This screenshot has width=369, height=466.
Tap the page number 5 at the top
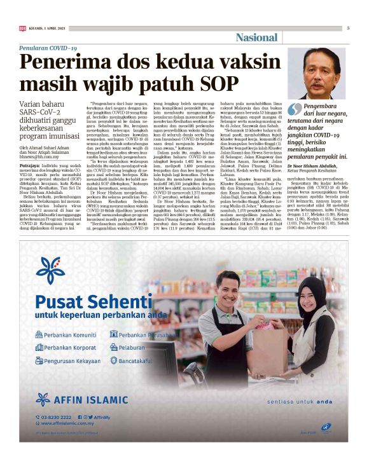click(348, 28)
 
